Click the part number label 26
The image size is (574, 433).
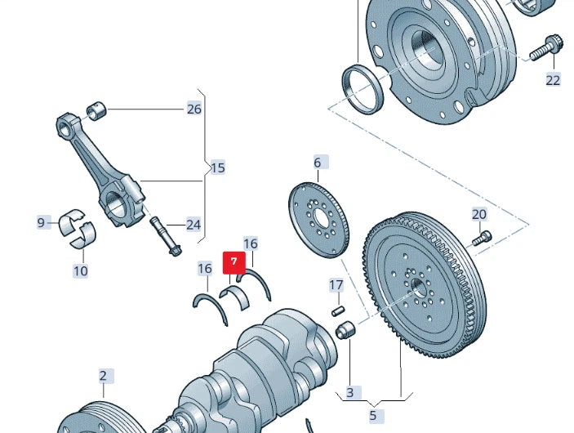point(194,109)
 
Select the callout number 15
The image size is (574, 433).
point(217,168)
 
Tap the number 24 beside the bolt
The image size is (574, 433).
point(194,225)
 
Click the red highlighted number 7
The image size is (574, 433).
point(234,262)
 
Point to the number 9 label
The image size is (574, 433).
point(42,222)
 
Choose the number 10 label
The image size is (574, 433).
point(80,270)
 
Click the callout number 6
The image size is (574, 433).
point(318,163)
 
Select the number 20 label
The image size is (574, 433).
point(479,214)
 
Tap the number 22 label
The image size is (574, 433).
point(554,79)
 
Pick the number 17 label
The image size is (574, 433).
point(336,285)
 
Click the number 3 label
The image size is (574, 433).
point(349,393)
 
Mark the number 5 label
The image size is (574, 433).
point(373,416)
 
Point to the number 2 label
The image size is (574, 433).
point(104,377)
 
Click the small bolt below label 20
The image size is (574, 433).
point(482,238)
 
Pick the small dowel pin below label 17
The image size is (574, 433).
point(336,310)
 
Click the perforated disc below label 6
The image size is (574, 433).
point(320,220)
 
